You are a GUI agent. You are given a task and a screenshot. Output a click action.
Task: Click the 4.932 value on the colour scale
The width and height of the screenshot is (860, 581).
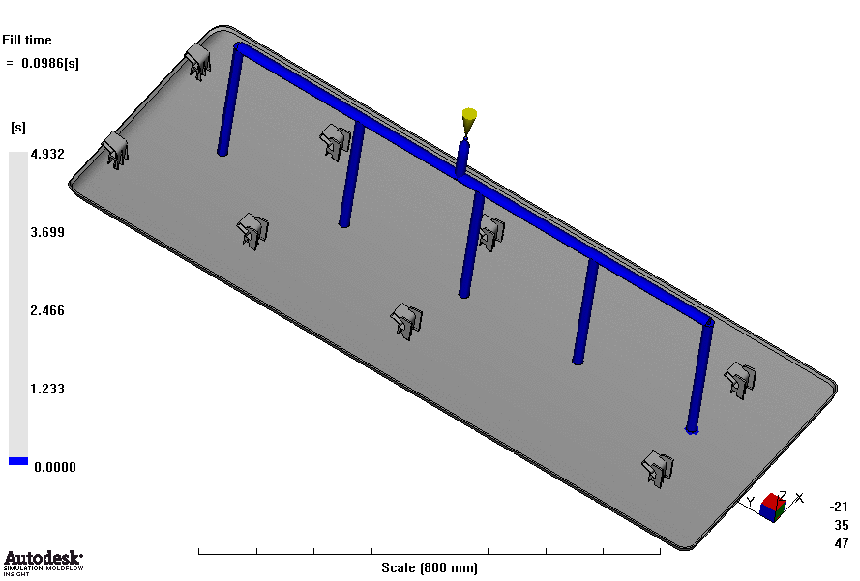47,154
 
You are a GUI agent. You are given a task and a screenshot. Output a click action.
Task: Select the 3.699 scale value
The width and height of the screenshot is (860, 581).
47,232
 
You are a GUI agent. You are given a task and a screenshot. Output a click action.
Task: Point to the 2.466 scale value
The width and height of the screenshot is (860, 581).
47,310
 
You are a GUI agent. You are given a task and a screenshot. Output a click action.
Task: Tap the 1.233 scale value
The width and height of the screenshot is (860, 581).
47,390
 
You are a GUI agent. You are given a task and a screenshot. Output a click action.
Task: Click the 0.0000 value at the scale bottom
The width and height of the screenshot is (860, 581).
55,468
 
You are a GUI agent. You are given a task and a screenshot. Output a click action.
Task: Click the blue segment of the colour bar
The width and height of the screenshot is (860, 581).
18,461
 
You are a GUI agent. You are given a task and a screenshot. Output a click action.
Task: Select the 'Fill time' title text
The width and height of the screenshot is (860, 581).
27,40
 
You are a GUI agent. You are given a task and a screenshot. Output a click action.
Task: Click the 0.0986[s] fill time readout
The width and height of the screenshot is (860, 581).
50,64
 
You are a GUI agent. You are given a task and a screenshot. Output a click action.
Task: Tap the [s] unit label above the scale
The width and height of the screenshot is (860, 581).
18,128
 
